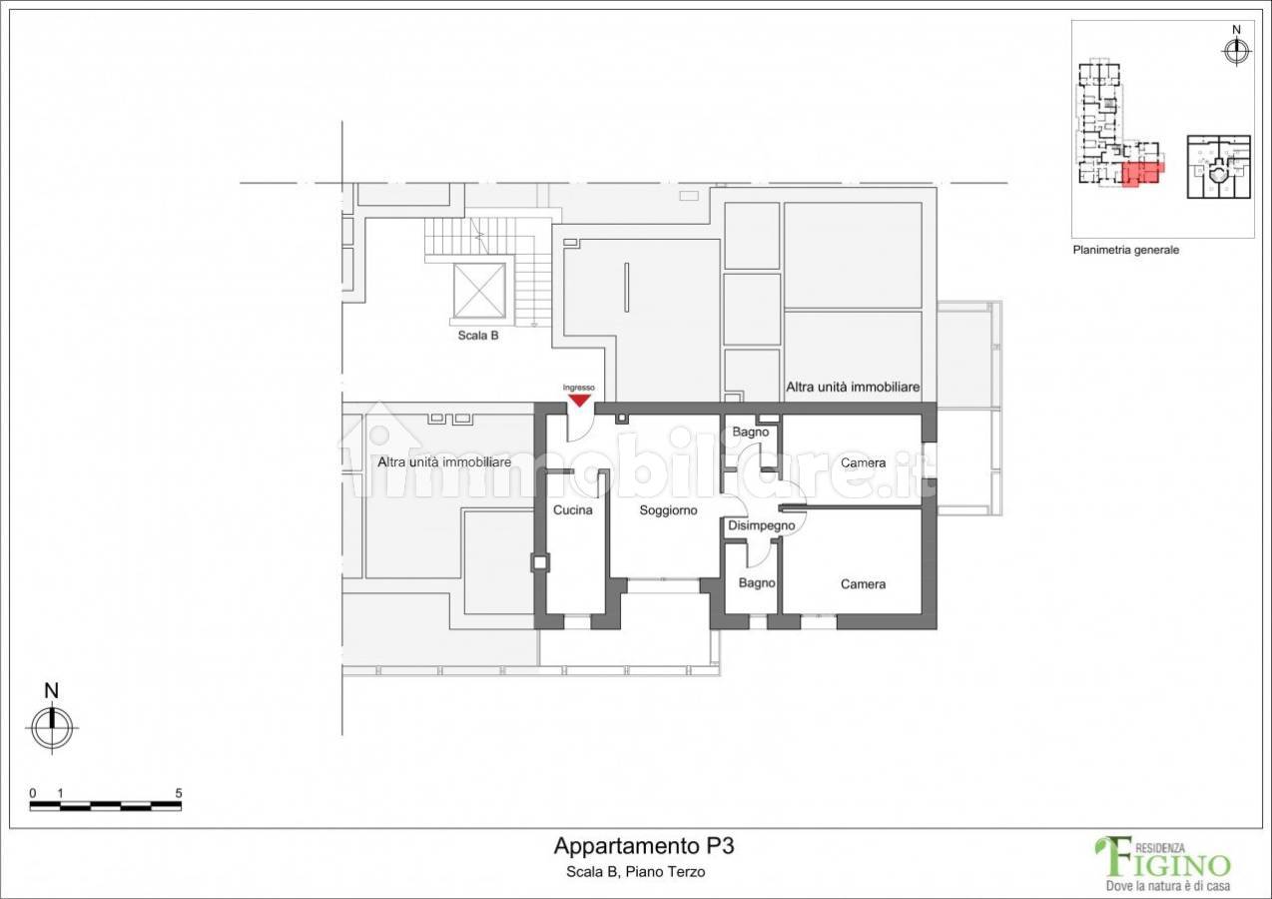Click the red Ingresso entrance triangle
579,401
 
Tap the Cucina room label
572,510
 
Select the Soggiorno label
668,510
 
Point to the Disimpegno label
762,525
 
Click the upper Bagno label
750,433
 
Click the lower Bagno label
757,583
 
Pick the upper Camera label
863,463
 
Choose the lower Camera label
863,584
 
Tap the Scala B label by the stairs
478,336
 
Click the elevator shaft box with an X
479,291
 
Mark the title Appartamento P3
644,846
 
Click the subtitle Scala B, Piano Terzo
635,872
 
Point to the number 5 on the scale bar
179,793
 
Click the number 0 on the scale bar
32,793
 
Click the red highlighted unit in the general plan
1142,174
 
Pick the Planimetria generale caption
1126,250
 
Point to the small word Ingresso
579,388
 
